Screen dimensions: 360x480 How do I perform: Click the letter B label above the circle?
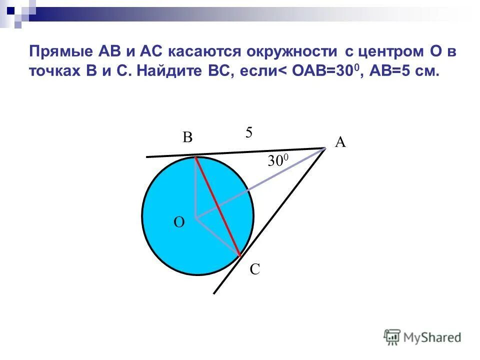187,137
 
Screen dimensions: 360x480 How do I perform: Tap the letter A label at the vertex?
340,142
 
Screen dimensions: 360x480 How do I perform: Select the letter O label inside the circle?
178,222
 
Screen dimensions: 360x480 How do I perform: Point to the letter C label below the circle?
254,270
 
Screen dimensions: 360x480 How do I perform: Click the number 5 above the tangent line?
249,132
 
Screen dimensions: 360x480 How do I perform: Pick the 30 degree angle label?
278,160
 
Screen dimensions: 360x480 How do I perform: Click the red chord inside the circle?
218,207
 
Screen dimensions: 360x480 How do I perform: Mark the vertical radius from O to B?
196,187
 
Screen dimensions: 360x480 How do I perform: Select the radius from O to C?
218,237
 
